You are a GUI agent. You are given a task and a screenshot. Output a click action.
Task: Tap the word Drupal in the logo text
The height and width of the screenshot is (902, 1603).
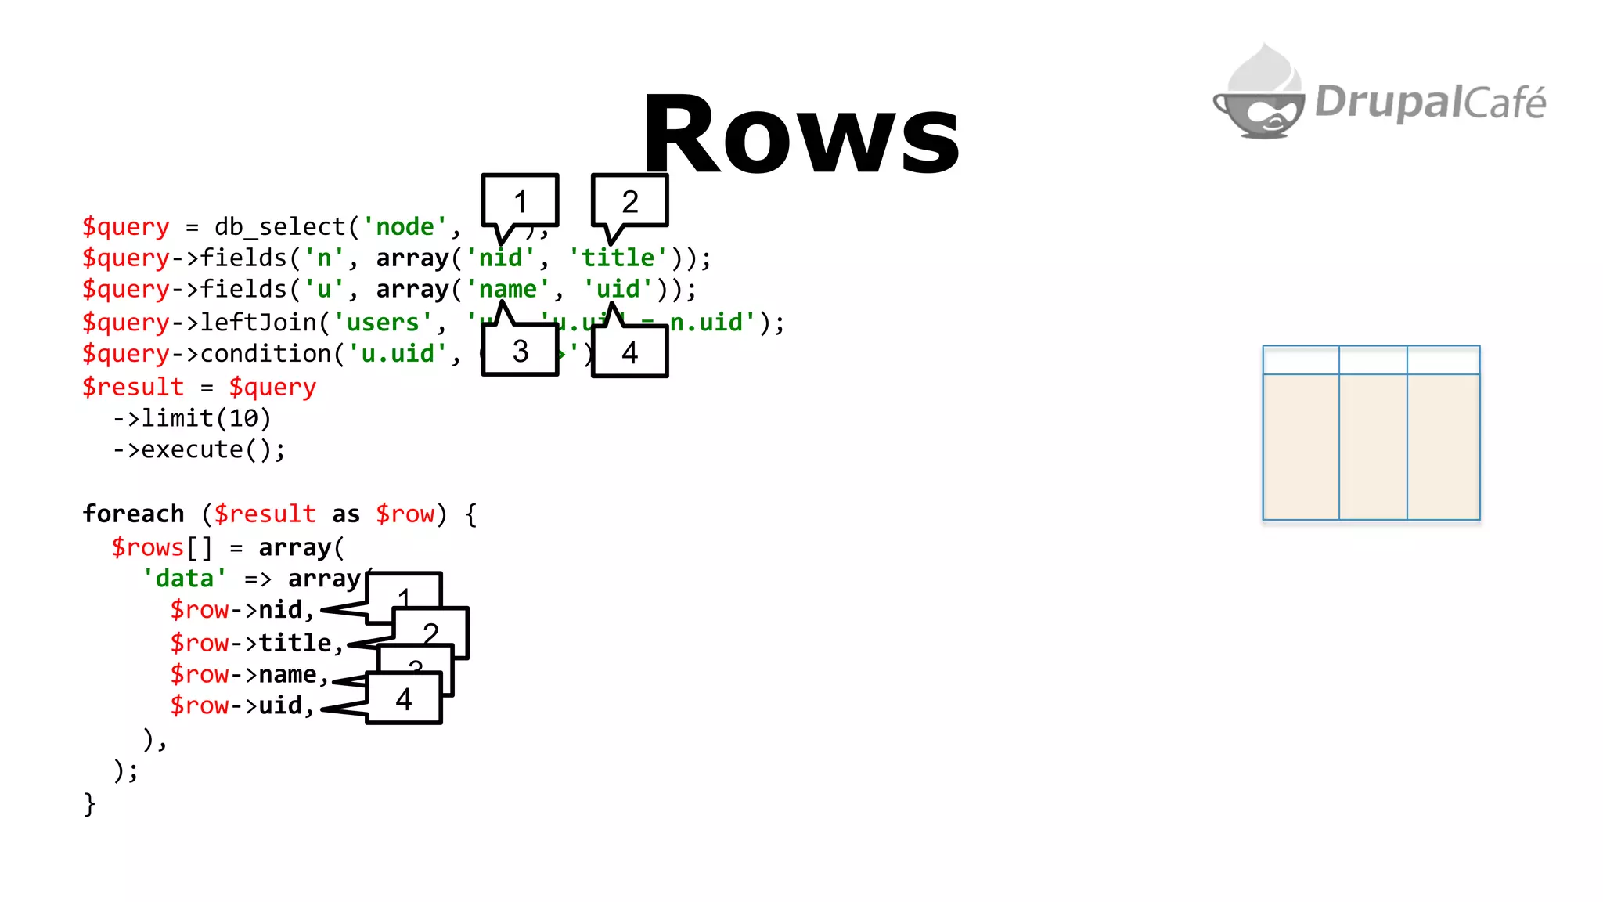(x=1386, y=102)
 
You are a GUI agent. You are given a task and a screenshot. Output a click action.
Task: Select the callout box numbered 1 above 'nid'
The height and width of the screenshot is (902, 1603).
(x=520, y=200)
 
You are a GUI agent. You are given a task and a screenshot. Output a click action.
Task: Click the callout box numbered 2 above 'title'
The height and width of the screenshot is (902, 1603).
(x=630, y=200)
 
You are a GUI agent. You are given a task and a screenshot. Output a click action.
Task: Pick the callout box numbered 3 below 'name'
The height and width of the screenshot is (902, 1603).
(x=520, y=352)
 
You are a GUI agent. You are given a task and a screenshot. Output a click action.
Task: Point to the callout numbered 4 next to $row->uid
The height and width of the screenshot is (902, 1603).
(x=403, y=698)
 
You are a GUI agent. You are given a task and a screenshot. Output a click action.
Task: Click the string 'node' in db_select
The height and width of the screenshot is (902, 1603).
(x=405, y=227)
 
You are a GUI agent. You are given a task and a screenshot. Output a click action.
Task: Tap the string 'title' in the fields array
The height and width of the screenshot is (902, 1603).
(x=618, y=258)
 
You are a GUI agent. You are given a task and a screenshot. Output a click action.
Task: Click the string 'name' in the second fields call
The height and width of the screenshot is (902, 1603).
(x=508, y=290)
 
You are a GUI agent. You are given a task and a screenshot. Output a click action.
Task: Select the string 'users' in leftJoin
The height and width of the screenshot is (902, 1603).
(x=383, y=323)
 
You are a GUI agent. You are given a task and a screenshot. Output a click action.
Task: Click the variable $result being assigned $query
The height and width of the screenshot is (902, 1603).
(x=133, y=387)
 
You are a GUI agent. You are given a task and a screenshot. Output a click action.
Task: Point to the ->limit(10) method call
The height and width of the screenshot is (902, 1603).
(x=192, y=418)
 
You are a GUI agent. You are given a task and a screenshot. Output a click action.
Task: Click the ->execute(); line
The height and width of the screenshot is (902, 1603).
(x=199, y=450)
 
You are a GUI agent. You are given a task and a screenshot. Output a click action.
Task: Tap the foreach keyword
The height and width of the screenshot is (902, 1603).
(x=133, y=514)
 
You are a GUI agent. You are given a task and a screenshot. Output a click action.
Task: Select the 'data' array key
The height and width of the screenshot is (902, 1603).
(x=185, y=579)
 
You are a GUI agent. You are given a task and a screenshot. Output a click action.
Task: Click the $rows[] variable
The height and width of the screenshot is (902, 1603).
(x=160, y=547)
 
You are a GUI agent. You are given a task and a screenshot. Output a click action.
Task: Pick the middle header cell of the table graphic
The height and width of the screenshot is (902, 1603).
(x=1372, y=360)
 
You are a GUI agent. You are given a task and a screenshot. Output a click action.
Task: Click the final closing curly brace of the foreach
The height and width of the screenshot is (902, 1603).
(x=89, y=804)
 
